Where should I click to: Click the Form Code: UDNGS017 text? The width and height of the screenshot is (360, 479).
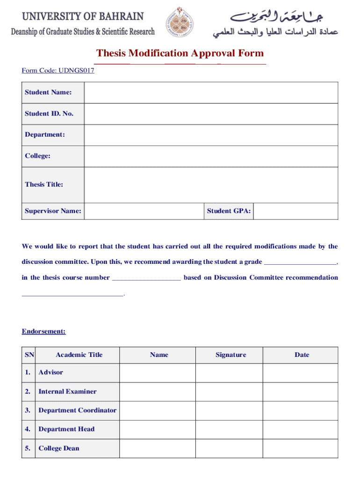tap(58, 71)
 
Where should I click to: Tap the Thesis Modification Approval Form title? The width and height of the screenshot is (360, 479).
tap(180, 53)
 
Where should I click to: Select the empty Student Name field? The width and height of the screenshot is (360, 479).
tap(211, 93)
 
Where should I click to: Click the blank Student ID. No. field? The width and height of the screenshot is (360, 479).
tap(211, 114)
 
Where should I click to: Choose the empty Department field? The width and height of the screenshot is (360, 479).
tap(211, 135)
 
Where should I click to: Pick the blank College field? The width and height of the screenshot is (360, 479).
tap(211, 156)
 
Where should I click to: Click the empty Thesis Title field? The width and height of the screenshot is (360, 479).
tap(211, 185)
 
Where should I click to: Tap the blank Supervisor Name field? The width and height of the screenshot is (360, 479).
tap(144, 211)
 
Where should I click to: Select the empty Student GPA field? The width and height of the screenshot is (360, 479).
tap(295, 211)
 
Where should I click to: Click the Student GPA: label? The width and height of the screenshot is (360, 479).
tap(229, 211)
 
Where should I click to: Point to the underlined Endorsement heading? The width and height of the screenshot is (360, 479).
tap(44, 332)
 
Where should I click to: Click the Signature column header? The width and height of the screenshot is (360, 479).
tap(230, 355)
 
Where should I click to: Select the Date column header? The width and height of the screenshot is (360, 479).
tap(302, 355)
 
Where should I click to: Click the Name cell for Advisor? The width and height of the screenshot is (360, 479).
tap(158, 373)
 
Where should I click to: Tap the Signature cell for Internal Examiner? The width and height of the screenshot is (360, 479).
tap(229, 392)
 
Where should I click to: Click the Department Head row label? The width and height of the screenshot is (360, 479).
tap(66, 429)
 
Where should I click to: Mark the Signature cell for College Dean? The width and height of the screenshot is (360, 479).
tap(229, 449)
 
